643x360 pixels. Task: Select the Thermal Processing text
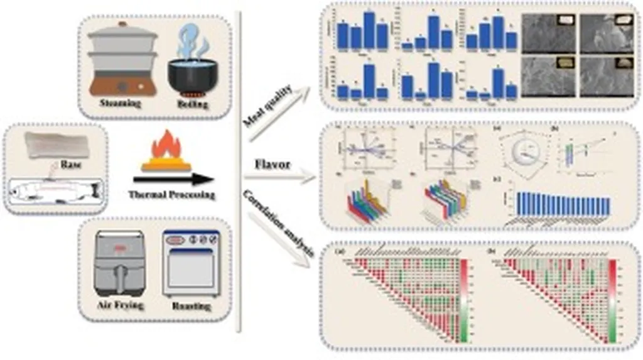[x=171, y=195]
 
